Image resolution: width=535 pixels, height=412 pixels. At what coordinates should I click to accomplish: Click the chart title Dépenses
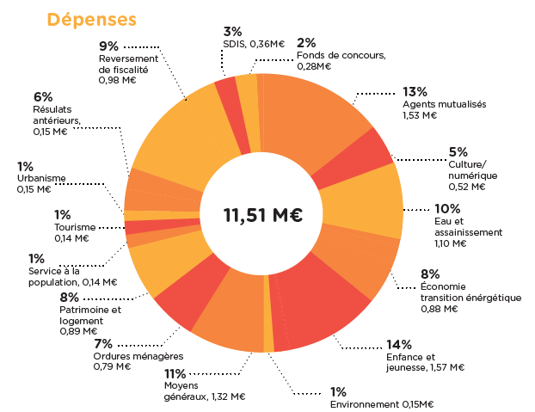[x=91, y=19]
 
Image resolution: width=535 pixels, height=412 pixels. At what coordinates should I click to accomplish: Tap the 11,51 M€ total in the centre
[x=262, y=215]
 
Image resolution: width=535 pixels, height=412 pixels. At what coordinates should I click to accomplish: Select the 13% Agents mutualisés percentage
[x=415, y=92]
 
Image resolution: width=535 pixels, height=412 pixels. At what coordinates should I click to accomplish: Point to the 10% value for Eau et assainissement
[x=446, y=208]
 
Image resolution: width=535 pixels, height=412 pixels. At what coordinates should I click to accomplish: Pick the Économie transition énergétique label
[x=470, y=292]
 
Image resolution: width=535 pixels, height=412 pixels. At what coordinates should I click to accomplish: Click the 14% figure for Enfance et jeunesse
[x=398, y=345]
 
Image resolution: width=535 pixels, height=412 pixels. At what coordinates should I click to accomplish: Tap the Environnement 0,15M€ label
[x=381, y=404]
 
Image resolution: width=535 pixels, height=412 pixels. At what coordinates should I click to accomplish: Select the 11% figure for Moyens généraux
[x=175, y=374]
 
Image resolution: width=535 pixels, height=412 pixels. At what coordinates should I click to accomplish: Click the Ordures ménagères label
[x=138, y=356]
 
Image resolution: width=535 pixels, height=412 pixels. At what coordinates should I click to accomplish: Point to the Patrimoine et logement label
[x=90, y=314]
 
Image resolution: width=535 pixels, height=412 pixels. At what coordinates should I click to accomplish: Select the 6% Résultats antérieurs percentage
[x=43, y=96]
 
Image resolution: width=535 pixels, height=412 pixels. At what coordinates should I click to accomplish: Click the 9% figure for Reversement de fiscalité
[x=108, y=46]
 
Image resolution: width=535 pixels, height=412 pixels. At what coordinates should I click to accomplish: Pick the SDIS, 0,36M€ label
[x=254, y=44]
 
